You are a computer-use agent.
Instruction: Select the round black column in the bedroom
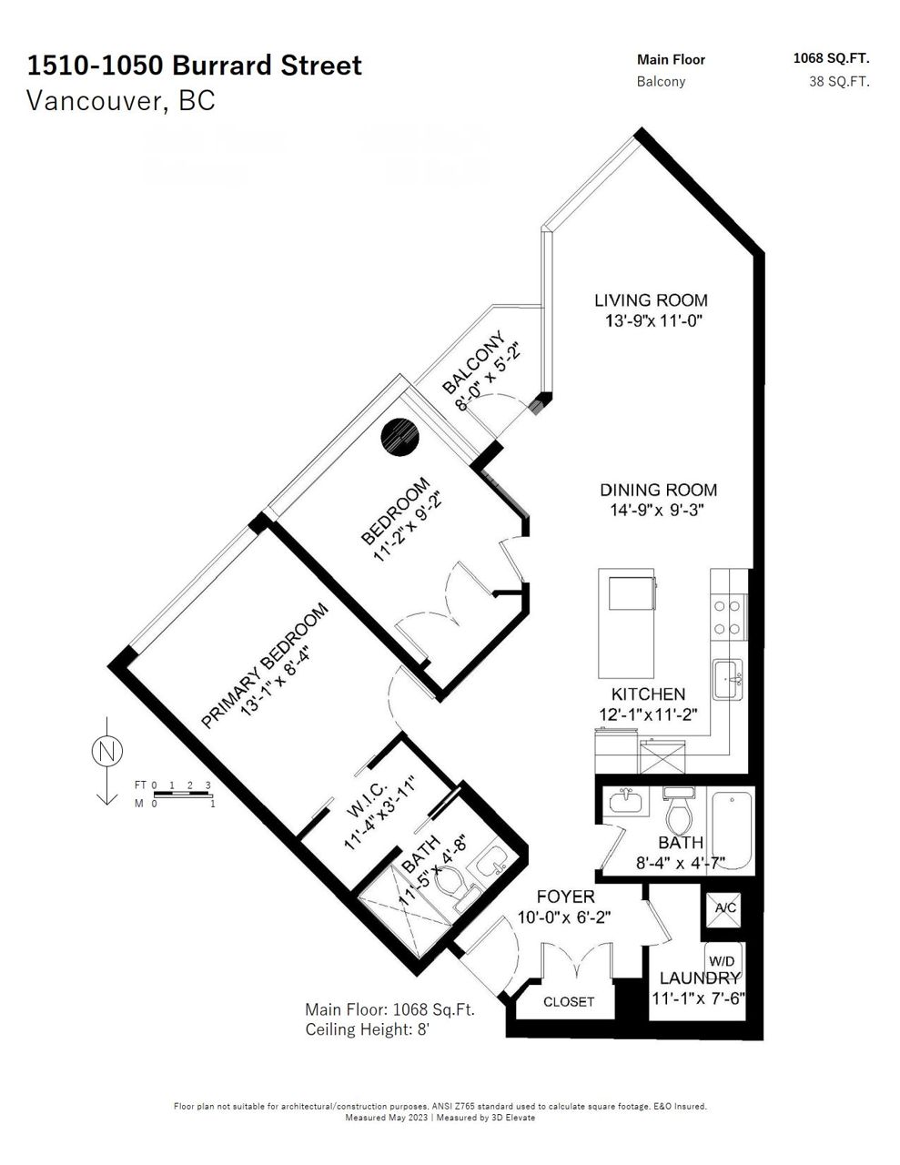pyautogui.click(x=399, y=437)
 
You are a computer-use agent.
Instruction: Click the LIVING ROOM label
pyautogui.click(x=651, y=300)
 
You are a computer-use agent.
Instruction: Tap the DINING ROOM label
pyautogui.click(x=658, y=490)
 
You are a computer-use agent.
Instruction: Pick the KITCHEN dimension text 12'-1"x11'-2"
pyautogui.click(x=648, y=714)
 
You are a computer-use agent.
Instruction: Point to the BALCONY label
pyautogui.click(x=473, y=361)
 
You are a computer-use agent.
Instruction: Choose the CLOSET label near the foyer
pyautogui.click(x=569, y=1001)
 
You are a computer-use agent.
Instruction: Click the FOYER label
pyautogui.click(x=565, y=896)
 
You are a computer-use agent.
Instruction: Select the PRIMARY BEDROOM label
pyautogui.click(x=264, y=665)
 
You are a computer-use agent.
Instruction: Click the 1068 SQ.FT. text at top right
pyautogui.click(x=832, y=58)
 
